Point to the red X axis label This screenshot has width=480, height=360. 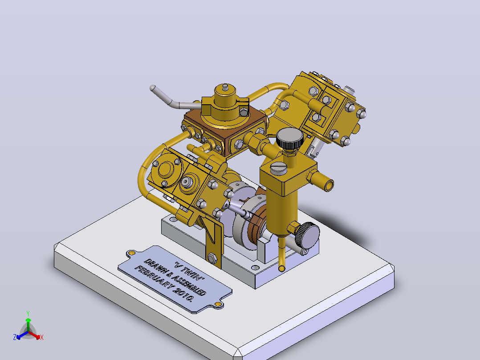tap(42, 337)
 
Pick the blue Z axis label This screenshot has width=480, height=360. tap(15, 337)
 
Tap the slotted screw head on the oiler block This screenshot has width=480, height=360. tap(278, 168)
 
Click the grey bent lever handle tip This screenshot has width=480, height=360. tap(152, 88)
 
